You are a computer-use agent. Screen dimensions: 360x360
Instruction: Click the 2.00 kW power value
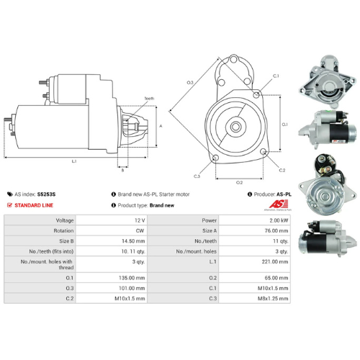pyautogui.click(x=277, y=220)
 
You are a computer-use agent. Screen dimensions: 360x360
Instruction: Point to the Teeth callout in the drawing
pyautogui.click(x=149, y=98)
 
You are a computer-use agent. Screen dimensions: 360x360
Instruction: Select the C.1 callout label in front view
pyautogui.click(x=276, y=76)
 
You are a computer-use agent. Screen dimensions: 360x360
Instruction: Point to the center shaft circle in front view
pyautogui.click(x=235, y=127)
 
